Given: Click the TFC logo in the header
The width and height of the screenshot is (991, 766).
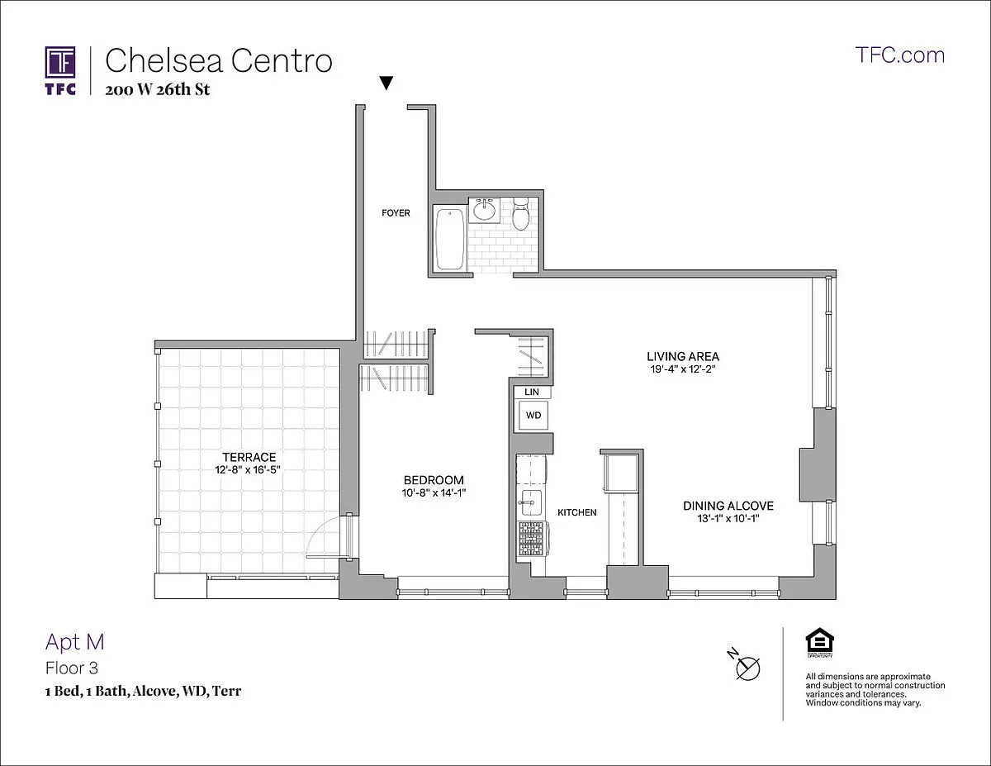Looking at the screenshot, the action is (x=60, y=70).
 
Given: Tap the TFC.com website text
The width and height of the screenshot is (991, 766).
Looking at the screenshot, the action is (x=900, y=55).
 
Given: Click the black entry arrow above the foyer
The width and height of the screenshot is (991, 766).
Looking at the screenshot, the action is (x=386, y=83).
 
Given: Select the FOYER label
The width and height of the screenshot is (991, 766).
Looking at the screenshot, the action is (x=396, y=213).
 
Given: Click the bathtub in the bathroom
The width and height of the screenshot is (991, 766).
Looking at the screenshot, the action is (x=449, y=238).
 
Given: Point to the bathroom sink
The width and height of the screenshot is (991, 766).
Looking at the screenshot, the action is (x=483, y=211).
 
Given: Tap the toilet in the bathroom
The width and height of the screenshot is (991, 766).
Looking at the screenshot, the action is (x=521, y=215).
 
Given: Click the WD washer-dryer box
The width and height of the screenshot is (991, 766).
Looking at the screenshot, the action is (x=533, y=415).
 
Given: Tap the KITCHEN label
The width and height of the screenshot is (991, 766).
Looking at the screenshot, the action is (x=576, y=512).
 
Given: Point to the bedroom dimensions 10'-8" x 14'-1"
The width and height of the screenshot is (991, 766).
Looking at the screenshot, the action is (x=434, y=493).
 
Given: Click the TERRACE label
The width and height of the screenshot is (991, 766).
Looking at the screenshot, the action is (x=249, y=457).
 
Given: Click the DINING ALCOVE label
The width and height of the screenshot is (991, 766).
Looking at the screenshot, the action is (x=728, y=506).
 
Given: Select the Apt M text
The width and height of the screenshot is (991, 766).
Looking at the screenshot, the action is (x=74, y=641).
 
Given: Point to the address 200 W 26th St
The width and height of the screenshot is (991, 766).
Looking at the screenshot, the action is (x=157, y=89).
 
